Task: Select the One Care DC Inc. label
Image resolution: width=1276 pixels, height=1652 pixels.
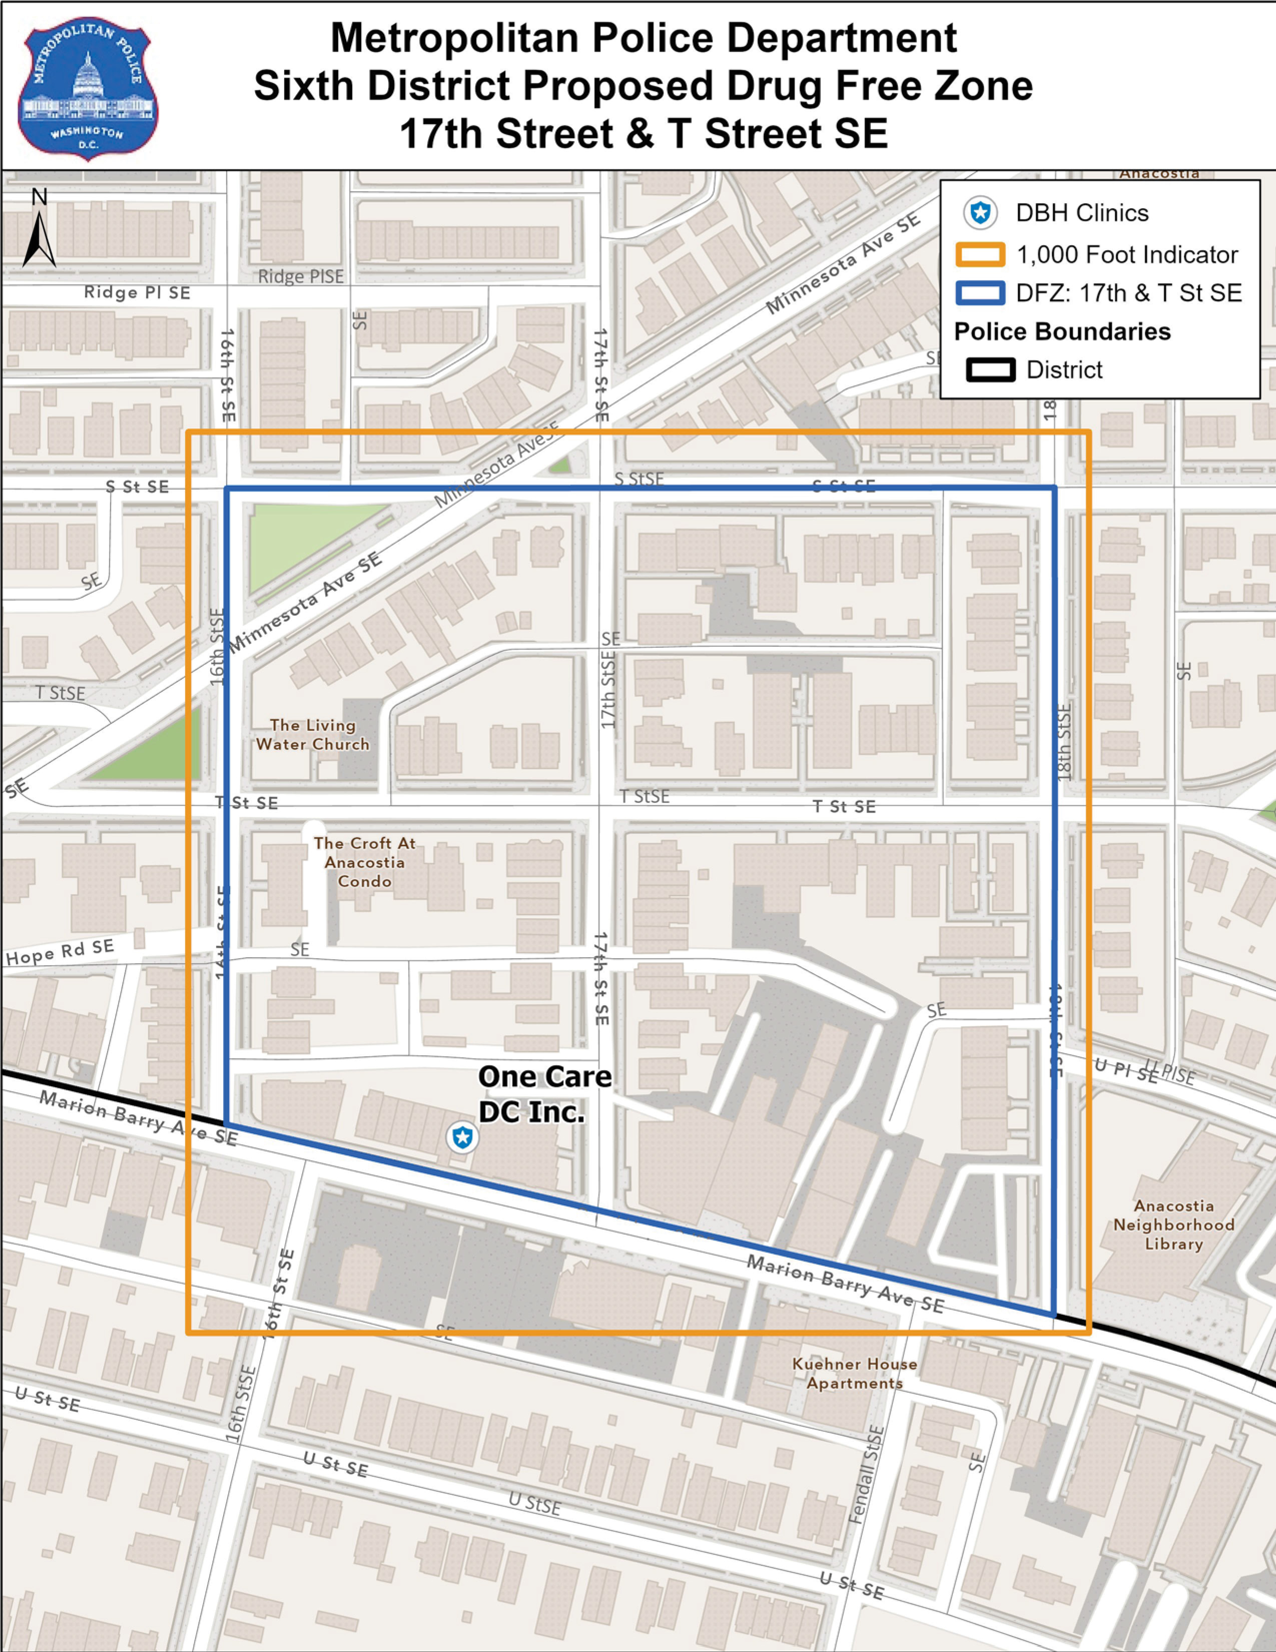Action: (544, 1094)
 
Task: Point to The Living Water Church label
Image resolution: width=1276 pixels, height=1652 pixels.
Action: (313, 734)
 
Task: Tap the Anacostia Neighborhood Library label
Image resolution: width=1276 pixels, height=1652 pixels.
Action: (1173, 1224)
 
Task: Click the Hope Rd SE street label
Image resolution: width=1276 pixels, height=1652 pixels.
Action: (61, 952)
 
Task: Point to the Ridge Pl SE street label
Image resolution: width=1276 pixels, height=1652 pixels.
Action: (137, 293)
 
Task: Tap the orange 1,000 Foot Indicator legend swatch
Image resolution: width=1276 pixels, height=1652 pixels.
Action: (980, 255)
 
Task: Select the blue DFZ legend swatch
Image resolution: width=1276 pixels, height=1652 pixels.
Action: (980, 293)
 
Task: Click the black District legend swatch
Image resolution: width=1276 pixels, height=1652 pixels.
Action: (990, 370)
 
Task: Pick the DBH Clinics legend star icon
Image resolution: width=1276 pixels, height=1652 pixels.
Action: (980, 213)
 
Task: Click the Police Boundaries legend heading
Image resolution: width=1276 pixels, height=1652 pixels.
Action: (1062, 331)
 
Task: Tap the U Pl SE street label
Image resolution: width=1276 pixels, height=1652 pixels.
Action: (1125, 1070)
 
